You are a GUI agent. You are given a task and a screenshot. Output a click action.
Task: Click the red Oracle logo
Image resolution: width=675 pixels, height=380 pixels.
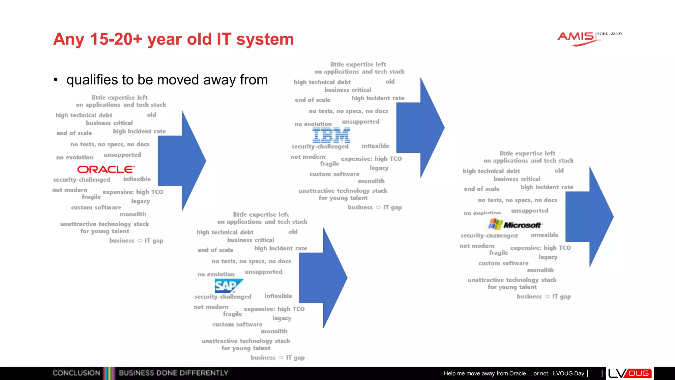click(106, 169)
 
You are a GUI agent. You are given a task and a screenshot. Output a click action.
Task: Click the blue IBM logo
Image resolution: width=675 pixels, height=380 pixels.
click(331, 135)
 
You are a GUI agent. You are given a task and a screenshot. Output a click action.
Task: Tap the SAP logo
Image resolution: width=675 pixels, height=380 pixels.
click(228, 286)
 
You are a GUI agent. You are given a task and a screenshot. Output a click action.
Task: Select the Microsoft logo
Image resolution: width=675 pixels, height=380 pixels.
click(515, 225)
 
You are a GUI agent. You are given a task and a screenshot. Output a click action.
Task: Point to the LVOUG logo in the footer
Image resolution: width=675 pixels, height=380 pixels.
click(630, 373)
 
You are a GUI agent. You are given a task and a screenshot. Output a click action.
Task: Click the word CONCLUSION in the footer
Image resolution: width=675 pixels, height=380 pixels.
click(76, 373)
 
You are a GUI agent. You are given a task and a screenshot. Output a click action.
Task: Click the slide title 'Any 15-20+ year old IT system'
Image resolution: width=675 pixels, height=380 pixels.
click(173, 39)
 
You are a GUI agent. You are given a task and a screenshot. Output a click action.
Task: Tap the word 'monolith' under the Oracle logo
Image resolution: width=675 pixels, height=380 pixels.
click(133, 214)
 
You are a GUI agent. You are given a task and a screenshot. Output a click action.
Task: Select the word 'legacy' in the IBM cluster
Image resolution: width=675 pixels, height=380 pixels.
click(379, 168)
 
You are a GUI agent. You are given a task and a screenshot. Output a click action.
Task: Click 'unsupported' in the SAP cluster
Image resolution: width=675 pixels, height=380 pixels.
click(263, 272)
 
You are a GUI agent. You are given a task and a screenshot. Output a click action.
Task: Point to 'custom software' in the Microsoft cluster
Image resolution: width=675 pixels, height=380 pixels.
click(503, 263)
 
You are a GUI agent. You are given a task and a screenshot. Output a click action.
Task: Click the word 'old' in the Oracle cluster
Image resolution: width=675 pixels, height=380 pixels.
click(152, 115)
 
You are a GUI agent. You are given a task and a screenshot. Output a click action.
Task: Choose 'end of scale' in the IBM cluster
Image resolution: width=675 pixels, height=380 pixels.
click(312, 100)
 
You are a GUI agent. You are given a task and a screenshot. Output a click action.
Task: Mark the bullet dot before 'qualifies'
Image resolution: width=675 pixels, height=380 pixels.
click(56, 80)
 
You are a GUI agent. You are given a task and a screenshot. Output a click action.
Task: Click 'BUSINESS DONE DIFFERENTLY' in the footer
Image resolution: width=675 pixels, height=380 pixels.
click(173, 373)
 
